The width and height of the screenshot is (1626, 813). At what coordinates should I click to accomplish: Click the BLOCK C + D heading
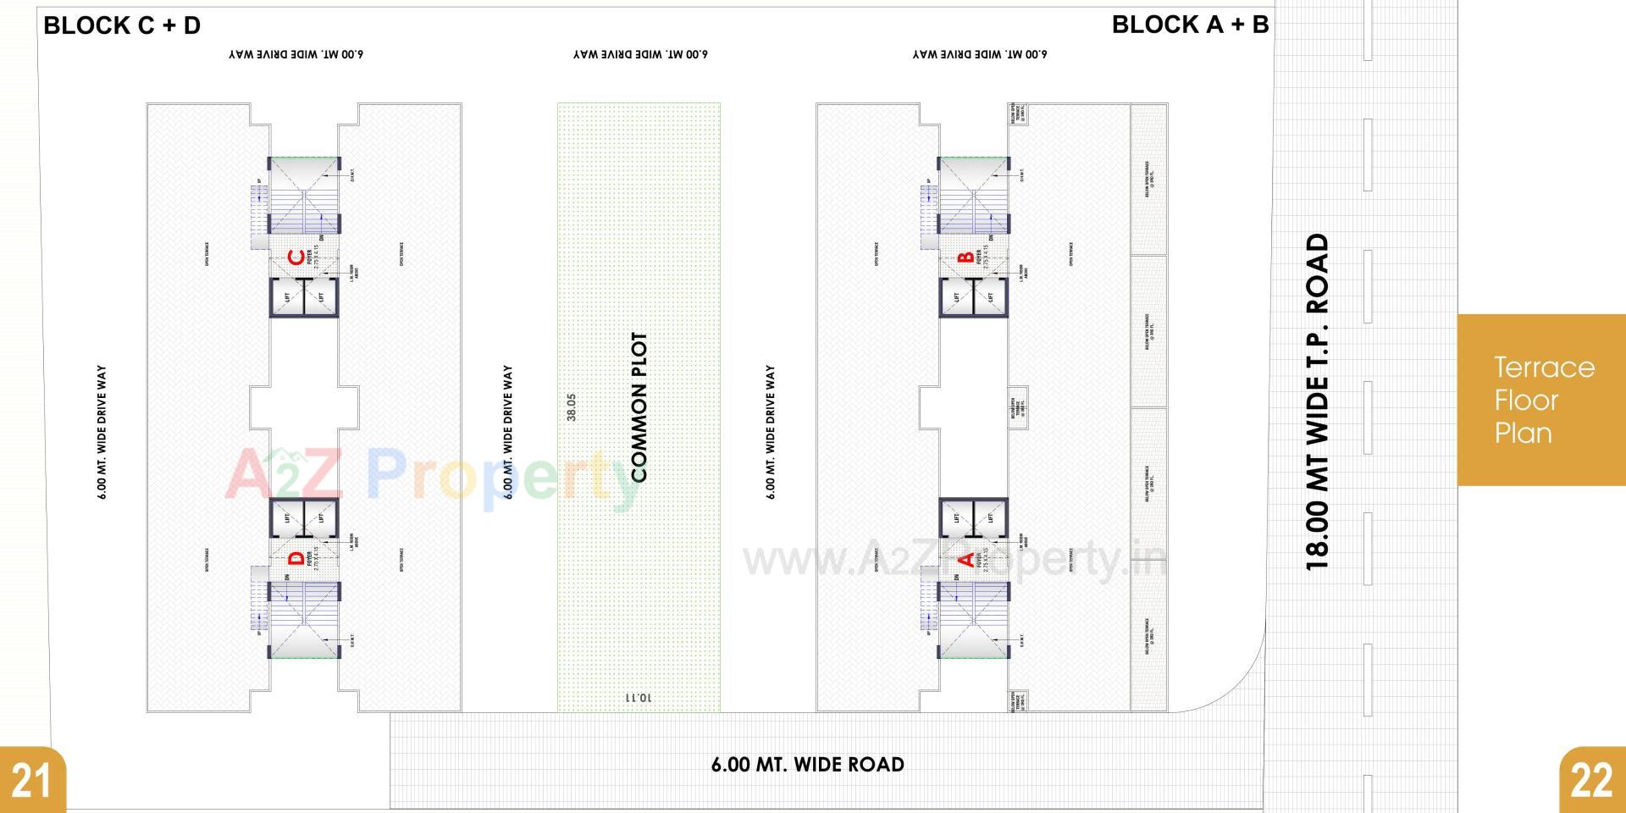point(122,25)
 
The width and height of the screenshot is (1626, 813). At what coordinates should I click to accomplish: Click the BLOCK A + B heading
point(1190,25)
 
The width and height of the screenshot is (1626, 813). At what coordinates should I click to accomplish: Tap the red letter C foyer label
point(296,257)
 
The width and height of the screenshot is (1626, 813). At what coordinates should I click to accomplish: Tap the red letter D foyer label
point(296,558)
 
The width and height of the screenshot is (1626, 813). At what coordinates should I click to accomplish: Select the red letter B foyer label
point(965,257)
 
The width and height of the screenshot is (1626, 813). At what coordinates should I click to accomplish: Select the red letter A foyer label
point(965,559)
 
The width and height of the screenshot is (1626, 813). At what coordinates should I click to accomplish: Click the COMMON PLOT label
point(639,407)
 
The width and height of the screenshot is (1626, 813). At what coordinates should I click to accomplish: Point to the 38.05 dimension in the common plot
point(572,407)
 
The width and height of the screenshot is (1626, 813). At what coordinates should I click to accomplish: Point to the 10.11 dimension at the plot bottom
point(639,698)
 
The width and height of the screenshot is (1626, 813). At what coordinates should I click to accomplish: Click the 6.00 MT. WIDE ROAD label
point(807,765)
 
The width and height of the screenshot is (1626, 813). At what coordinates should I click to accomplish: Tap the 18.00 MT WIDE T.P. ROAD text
point(1317,402)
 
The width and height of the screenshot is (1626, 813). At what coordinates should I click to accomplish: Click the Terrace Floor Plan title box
point(1541,400)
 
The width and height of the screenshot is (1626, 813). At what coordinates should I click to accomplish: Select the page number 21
point(31,780)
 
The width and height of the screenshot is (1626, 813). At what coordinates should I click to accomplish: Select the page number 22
point(1591,780)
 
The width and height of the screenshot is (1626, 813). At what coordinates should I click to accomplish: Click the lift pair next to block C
point(304,297)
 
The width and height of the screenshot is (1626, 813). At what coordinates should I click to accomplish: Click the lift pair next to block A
point(973,517)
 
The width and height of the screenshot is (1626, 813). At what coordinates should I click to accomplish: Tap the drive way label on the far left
point(102,432)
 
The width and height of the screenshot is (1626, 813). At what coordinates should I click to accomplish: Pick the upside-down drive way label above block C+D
point(296,54)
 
